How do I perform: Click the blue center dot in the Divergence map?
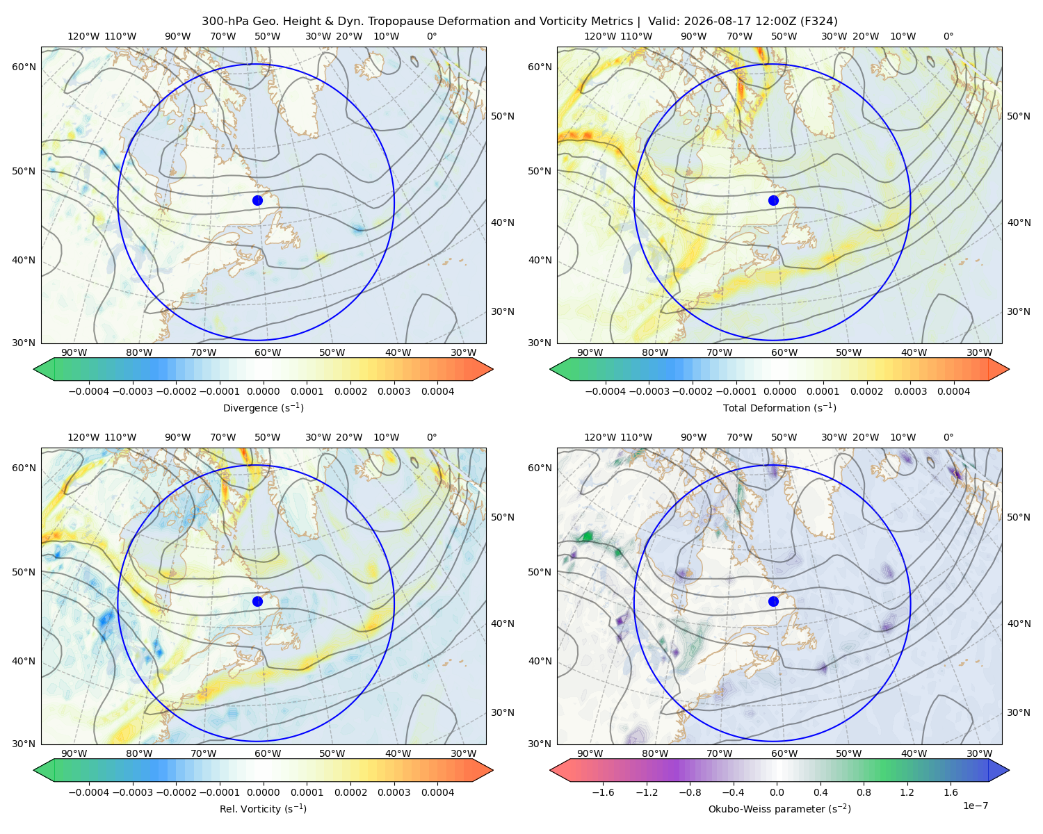click(257, 200)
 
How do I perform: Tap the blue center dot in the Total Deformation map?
click(773, 200)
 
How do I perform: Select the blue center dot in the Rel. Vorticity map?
click(257, 601)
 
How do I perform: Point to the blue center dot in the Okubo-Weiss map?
click(773, 601)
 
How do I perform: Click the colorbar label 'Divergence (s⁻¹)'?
click(263, 407)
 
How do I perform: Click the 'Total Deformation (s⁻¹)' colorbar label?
click(779, 407)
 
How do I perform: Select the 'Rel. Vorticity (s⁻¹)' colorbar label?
click(263, 808)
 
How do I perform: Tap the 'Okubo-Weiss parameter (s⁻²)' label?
click(779, 808)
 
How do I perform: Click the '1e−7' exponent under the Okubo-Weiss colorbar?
click(975, 806)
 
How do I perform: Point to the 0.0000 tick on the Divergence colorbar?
click(263, 391)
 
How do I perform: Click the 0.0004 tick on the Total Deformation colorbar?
click(953, 391)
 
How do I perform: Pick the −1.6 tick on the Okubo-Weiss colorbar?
click(603, 792)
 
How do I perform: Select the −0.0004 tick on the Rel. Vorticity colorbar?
click(89, 792)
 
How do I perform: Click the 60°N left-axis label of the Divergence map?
click(24, 67)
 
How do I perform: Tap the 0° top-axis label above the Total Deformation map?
click(948, 36)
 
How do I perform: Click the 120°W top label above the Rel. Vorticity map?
click(83, 437)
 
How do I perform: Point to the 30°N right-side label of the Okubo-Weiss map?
click(1018, 712)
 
